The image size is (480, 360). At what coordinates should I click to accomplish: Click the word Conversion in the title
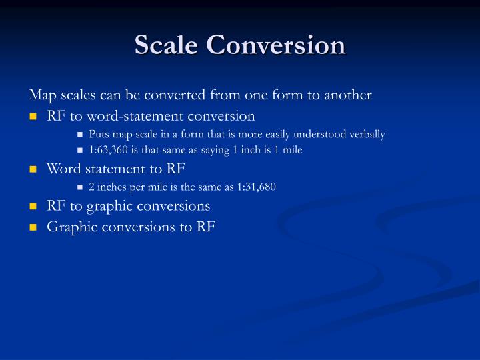tap(276, 45)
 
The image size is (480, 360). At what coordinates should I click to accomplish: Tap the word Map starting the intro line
tap(41, 95)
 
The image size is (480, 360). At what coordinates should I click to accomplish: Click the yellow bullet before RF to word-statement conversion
tap(32, 117)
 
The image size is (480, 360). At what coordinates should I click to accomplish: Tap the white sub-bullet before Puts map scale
tap(80, 135)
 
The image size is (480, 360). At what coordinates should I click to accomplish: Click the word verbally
tap(365, 134)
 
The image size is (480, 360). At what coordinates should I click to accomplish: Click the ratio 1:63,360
tap(109, 150)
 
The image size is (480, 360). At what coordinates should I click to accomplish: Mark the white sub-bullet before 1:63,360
tap(80, 151)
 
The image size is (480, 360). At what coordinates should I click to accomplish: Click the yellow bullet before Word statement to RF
tap(32, 169)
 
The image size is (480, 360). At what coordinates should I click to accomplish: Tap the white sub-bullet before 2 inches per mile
tap(80, 187)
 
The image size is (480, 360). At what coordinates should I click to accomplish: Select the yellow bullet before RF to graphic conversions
tap(32, 207)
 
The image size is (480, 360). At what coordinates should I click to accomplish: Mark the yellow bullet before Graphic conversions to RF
tap(32, 227)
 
